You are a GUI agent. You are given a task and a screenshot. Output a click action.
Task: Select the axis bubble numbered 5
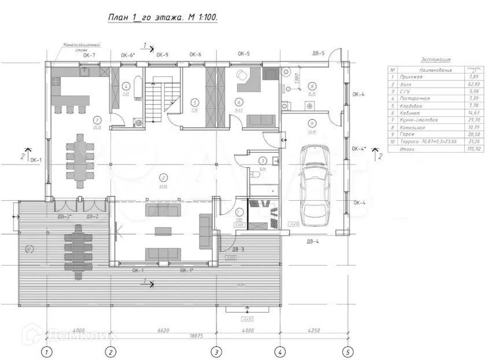click(347, 351)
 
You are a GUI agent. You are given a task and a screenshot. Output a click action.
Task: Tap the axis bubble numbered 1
click(46, 351)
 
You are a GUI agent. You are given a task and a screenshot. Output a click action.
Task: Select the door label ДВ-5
click(319, 54)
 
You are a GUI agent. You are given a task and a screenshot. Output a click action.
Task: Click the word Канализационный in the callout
click(81, 45)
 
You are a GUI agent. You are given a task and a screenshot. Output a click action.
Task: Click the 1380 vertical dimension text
click(295, 79)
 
